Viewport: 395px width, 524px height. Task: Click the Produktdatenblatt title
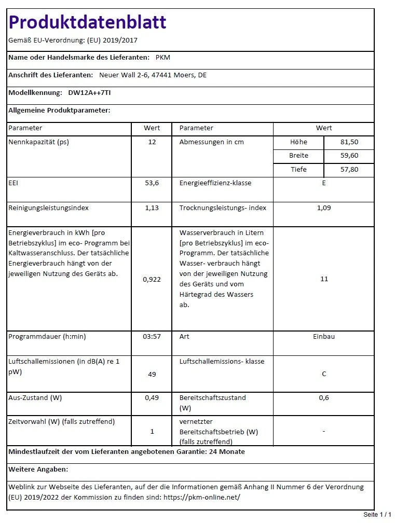tap(87, 22)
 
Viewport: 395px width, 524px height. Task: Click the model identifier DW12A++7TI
tap(89, 93)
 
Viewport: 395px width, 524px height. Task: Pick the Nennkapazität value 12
tap(152, 142)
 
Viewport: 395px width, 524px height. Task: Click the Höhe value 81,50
tap(349, 142)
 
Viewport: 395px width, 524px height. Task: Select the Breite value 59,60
tap(349, 156)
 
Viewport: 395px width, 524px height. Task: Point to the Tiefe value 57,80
tap(349, 170)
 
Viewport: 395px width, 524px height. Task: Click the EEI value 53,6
tap(152, 183)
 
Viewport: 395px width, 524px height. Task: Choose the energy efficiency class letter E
tap(324, 183)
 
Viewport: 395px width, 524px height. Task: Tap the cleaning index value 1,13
tap(152, 208)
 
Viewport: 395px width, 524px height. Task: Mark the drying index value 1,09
tap(324, 208)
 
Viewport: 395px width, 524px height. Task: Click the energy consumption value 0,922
tap(152, 280)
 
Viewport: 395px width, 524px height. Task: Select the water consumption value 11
tap(324, 279)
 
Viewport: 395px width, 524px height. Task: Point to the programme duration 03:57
tap(152, 337)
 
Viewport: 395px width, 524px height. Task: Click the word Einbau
tap(324, 337)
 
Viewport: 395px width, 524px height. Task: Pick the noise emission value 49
tap(152, 374)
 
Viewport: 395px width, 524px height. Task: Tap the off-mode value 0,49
tap(152, 398)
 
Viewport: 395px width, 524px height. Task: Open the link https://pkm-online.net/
tap(202, 497)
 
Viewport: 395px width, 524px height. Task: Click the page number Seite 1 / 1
tap(377, 515)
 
